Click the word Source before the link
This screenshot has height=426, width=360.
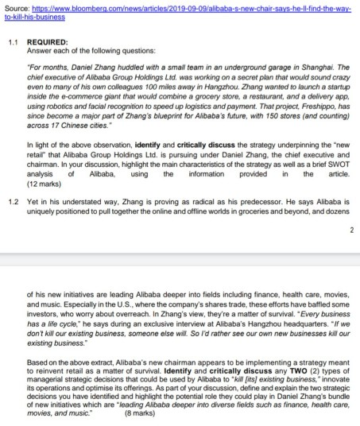[x=17, y=8]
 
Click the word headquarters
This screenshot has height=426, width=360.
[x=243, y=302]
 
